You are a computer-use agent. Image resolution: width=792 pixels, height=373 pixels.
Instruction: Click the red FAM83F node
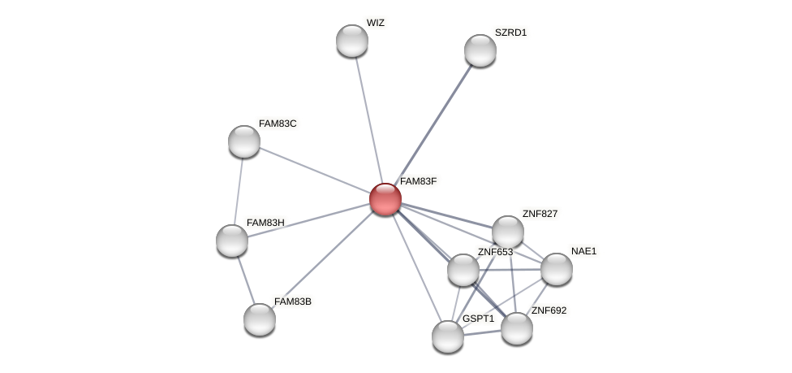coord(385,198)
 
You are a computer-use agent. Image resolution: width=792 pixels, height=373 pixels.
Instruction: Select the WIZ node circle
coord(351,41)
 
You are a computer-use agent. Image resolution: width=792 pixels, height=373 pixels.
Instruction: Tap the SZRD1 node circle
coord(480,50)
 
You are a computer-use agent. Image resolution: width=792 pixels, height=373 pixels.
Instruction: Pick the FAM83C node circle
coord(243,141)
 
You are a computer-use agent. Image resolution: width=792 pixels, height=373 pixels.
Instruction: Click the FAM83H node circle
coord(231,241)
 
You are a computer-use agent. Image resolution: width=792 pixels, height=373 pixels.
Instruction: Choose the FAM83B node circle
coord(259,319)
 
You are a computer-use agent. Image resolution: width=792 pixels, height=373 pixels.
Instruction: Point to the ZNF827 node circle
coord(507,232)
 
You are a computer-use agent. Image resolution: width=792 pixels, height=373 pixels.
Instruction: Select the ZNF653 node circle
coord(463,270)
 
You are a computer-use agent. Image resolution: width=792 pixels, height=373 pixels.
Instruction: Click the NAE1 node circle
coord(556,269)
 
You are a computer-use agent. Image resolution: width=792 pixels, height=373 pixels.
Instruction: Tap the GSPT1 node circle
coord(447,336)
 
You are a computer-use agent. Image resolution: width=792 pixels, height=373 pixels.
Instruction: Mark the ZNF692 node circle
coord(516,328)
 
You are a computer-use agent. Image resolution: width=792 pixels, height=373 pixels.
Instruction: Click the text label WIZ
coord(375,23)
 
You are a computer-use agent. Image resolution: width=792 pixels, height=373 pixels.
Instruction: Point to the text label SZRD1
coord(510,33)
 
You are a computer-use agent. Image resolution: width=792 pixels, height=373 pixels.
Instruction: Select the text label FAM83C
coord(278,124)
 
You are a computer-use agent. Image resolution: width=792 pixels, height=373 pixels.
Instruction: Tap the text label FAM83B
coord(292,301)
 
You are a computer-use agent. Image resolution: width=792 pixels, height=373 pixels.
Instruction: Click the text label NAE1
coord(583,251)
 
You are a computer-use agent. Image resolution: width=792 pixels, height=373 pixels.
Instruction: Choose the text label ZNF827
coord(540,214)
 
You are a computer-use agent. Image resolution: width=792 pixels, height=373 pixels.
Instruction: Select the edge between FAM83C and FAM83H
coord(238,191)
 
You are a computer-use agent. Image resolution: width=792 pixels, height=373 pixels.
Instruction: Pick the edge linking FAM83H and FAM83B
coord(245,280)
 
